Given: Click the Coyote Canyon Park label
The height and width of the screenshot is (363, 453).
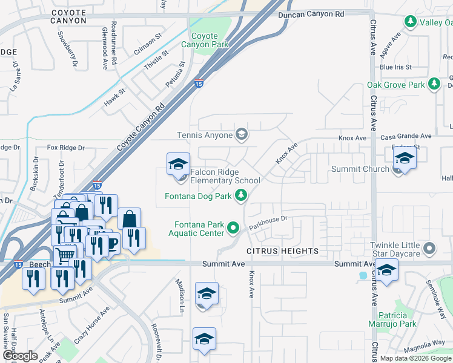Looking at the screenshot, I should [204, 41].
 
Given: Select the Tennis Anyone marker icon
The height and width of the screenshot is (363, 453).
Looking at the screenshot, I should [241, 134].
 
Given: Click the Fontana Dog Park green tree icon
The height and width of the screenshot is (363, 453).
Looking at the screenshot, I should [241, 195].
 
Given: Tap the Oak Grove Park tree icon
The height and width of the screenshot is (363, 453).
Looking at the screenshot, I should [434, 84].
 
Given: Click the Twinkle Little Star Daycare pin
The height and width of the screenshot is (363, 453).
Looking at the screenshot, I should [430, 247].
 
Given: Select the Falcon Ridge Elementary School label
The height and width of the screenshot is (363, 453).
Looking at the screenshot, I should [225, 176].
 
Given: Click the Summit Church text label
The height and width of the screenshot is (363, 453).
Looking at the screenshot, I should [360, 169].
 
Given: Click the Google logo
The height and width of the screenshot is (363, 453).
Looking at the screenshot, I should [20, 356].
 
